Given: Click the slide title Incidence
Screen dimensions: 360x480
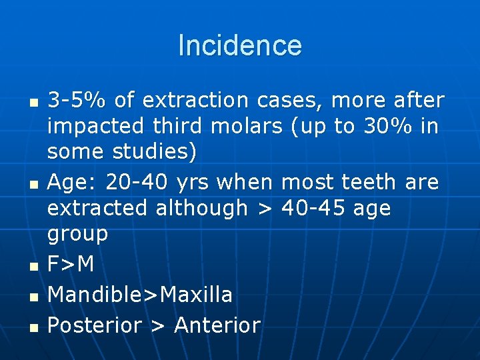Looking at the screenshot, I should (240, 45).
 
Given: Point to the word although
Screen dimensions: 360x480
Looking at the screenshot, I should (201, 207).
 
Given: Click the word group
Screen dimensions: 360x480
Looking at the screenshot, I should (77, 234).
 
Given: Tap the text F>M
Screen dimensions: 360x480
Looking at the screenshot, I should (71, 265).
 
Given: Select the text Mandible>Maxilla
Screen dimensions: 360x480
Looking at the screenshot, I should (140, 294).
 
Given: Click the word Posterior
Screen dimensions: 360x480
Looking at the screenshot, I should (95, 325).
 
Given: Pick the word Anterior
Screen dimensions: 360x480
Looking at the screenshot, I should (217, 325).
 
